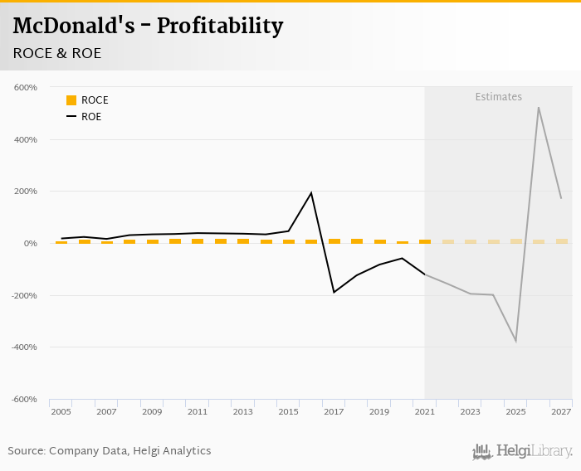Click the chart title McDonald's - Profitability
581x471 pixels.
[x=148, y=26]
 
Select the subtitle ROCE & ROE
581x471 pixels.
[x=57, y=53]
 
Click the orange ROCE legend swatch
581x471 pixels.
[x=71, y=100]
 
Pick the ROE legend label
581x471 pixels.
[x=91, y=117]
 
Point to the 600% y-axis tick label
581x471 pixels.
[x=26, y=88]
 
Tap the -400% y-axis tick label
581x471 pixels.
[x=24, y=347]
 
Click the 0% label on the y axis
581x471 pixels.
[x=30, y=244]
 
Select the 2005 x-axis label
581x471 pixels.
[x=61, y=412]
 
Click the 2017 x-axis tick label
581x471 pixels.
[x=334, y=412]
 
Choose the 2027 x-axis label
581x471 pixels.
[x=561, y=412]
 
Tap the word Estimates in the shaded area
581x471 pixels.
[x=498, y=97]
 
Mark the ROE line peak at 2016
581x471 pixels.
[x=311, y=193]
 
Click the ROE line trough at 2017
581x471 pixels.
[x=334, y=292]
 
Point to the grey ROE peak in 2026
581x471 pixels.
[x=539, y=108]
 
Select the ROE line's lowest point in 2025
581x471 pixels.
[x=515, y=341]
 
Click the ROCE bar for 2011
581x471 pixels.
[x=198, y=240]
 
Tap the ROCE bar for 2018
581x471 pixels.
[x=357, y=240]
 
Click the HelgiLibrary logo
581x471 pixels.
[x=522, y=451]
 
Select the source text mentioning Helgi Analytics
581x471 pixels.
[x=110, y=451]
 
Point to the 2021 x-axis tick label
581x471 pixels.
[x=425, y=412]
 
